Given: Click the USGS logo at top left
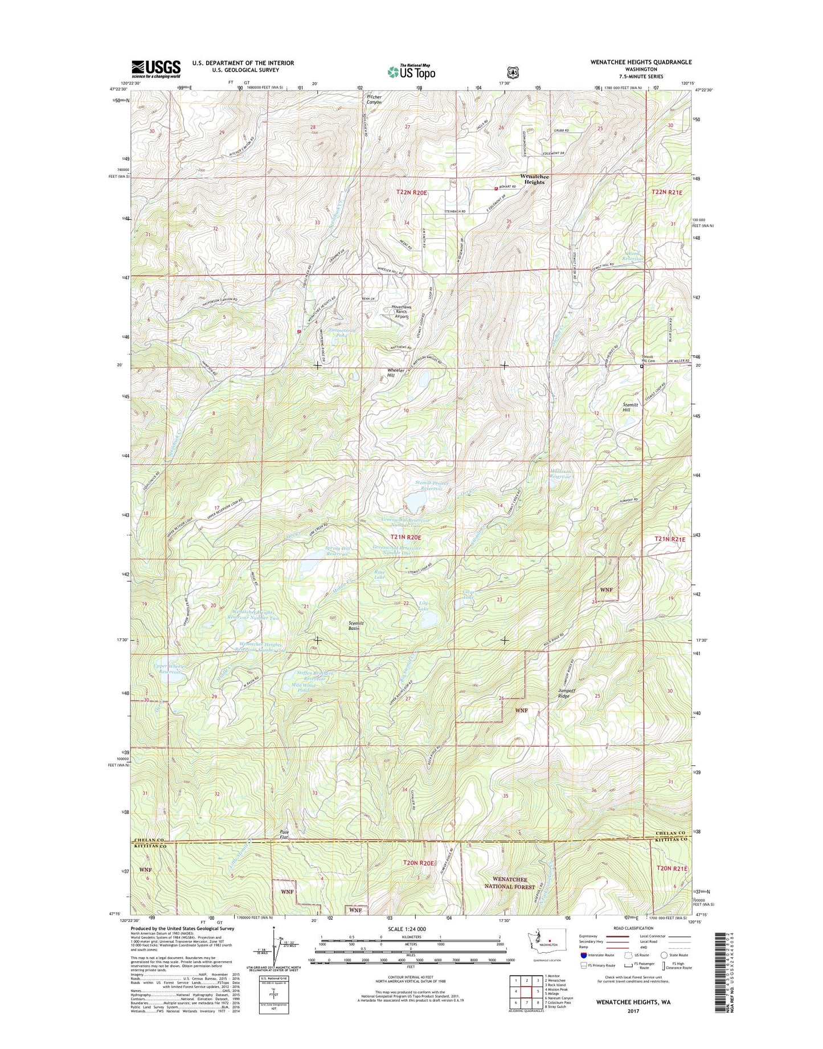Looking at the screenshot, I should point(156,69).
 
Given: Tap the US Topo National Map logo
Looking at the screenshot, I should point(411,71).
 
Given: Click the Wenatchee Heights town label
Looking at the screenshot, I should point(534,179).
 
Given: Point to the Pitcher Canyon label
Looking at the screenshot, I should point(374,100).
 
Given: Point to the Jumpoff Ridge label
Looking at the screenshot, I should point(567,693).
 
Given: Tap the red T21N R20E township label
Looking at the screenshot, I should point(406,537).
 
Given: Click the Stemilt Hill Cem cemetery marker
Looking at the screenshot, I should point(642,367).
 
